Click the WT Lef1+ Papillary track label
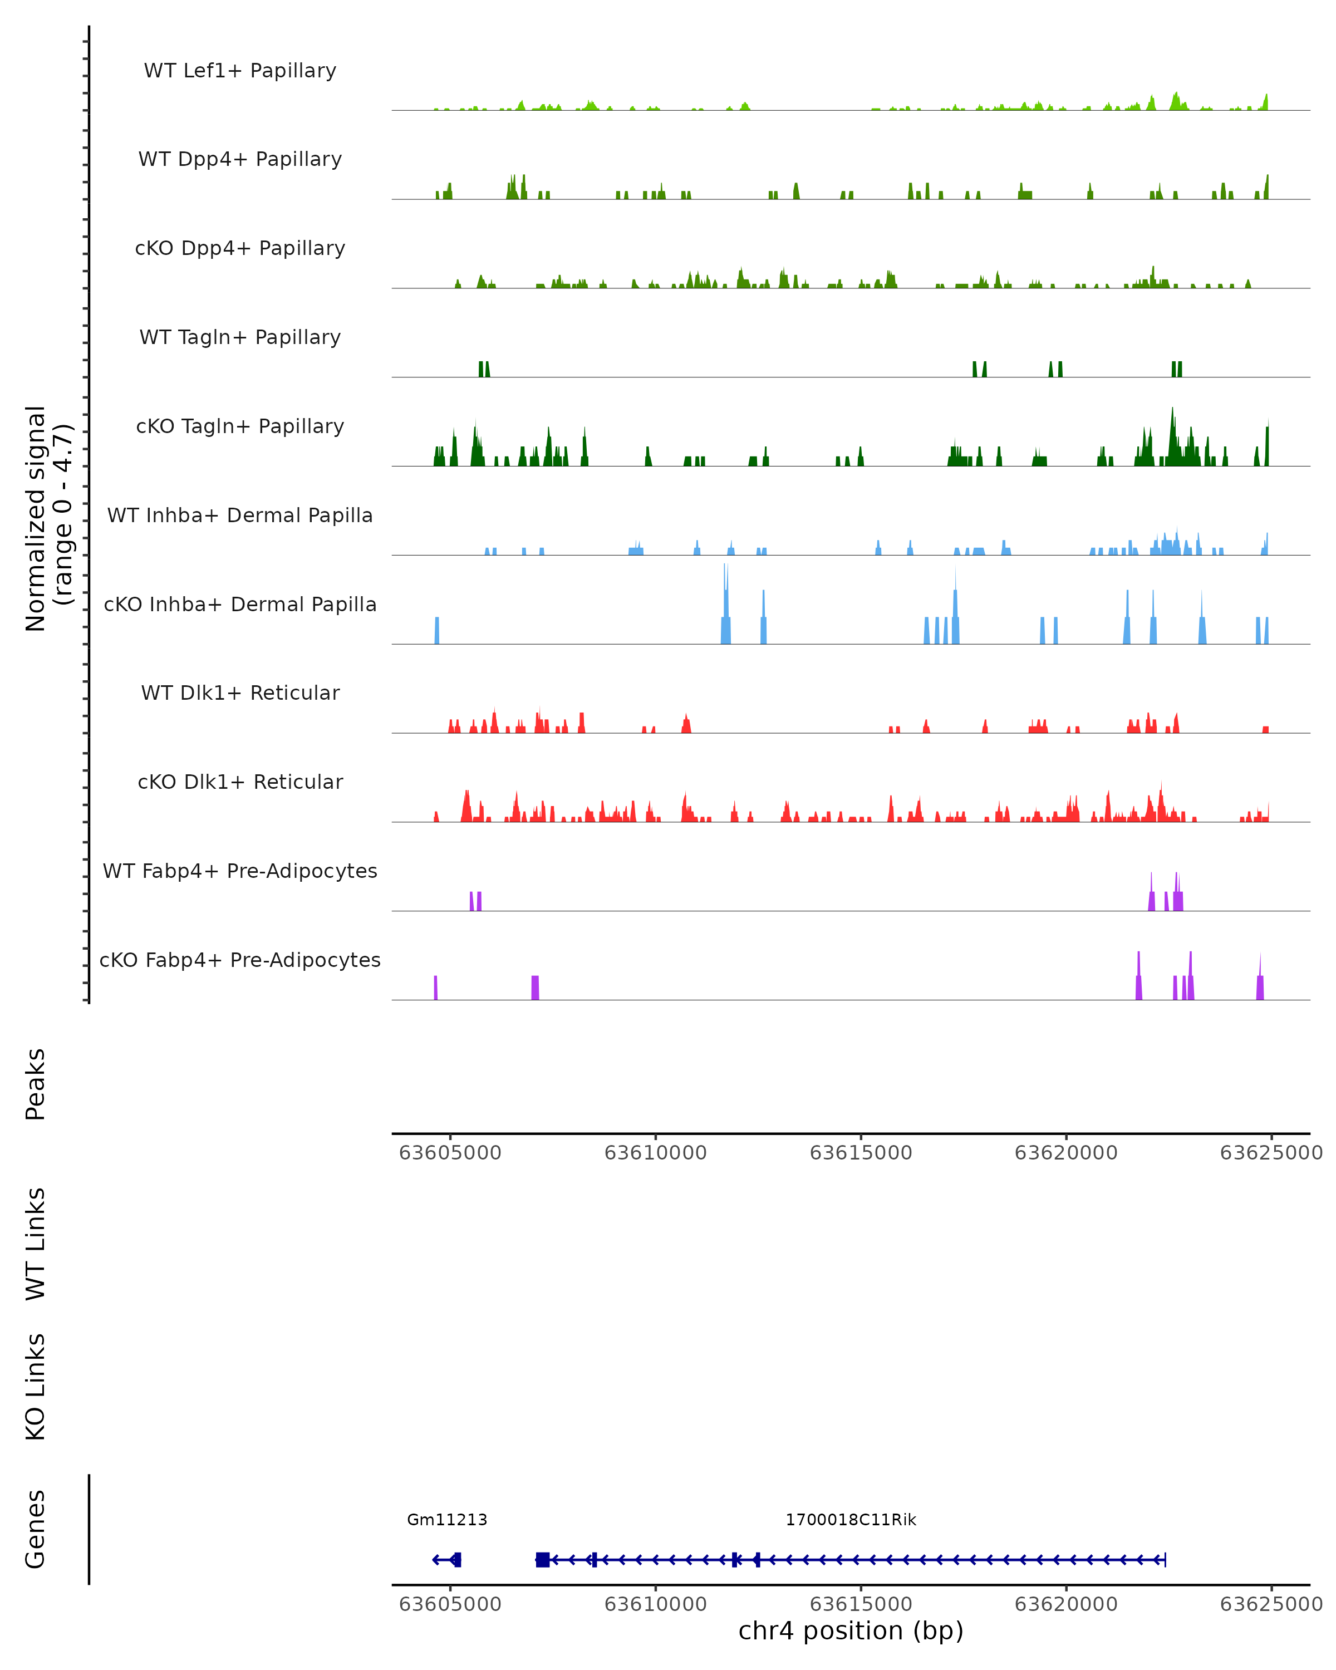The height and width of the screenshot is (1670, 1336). tap(240, 71)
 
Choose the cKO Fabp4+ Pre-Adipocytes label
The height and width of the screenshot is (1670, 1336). tap(240, 960)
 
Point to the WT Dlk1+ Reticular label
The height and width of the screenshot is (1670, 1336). tap(240, 692)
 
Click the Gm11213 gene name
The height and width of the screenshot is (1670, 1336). tap(447, 1520)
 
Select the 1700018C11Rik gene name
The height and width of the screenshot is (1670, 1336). tap(851, 1520)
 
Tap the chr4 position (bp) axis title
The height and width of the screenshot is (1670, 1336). tap(851, 1631)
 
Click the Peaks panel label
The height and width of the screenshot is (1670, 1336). tap(36, 1084)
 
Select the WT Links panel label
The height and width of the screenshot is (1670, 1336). tap(36, 1243)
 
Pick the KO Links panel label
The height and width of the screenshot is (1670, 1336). tap(36, 1387)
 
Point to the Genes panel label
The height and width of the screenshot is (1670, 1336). tap(36, 1529)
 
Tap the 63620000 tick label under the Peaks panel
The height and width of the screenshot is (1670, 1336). tap(1065, 1153)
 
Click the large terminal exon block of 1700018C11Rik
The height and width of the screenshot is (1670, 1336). tap(542, 1559)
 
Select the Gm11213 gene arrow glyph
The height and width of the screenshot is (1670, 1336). tap(447, 1559)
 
